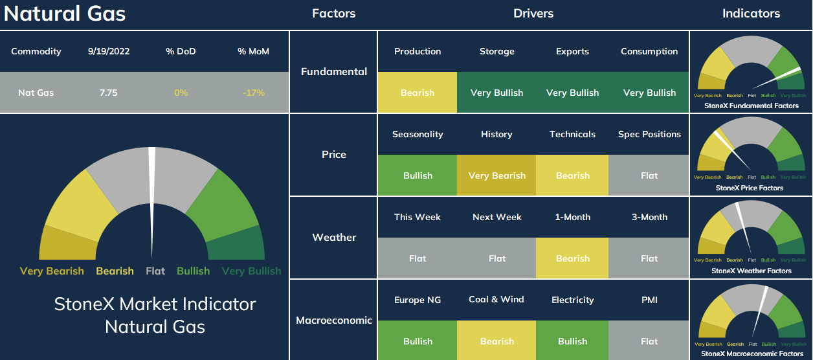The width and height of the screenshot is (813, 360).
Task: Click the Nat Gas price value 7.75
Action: [x=109, y=93]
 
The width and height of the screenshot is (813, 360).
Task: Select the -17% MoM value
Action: [x=253, y=93]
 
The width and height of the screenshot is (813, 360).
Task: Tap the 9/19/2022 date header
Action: [x=109, y=51]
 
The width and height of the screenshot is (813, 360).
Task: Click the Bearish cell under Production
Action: [x=418, y=92]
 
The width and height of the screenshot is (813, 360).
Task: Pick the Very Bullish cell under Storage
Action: [x=496, y=92]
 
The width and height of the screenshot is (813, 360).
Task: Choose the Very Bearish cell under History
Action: [x=496, y=175]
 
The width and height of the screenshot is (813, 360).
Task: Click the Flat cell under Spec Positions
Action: [x=649, y=175]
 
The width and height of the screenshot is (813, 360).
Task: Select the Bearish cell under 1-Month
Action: [x=572, y=258]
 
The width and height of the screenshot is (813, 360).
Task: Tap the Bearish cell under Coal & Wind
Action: [x=496, y=341]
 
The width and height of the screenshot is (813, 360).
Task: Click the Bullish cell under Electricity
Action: [x=572, y=341]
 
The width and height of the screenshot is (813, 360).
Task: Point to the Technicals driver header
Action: [x=572, y=134]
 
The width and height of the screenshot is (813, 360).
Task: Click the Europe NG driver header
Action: [x=418, y=300]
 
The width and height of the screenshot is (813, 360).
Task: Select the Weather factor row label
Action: [x=334, y=238]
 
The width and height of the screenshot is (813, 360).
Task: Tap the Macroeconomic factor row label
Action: [x=334, y=320]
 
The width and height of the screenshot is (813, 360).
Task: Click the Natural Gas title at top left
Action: [x=65, y=14]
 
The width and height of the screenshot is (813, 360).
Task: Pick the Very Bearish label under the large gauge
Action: [x=52, y=271]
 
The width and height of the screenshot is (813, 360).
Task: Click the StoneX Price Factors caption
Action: [x=749, y=188]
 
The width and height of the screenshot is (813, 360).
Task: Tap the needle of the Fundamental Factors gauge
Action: [x=776, y=78]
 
